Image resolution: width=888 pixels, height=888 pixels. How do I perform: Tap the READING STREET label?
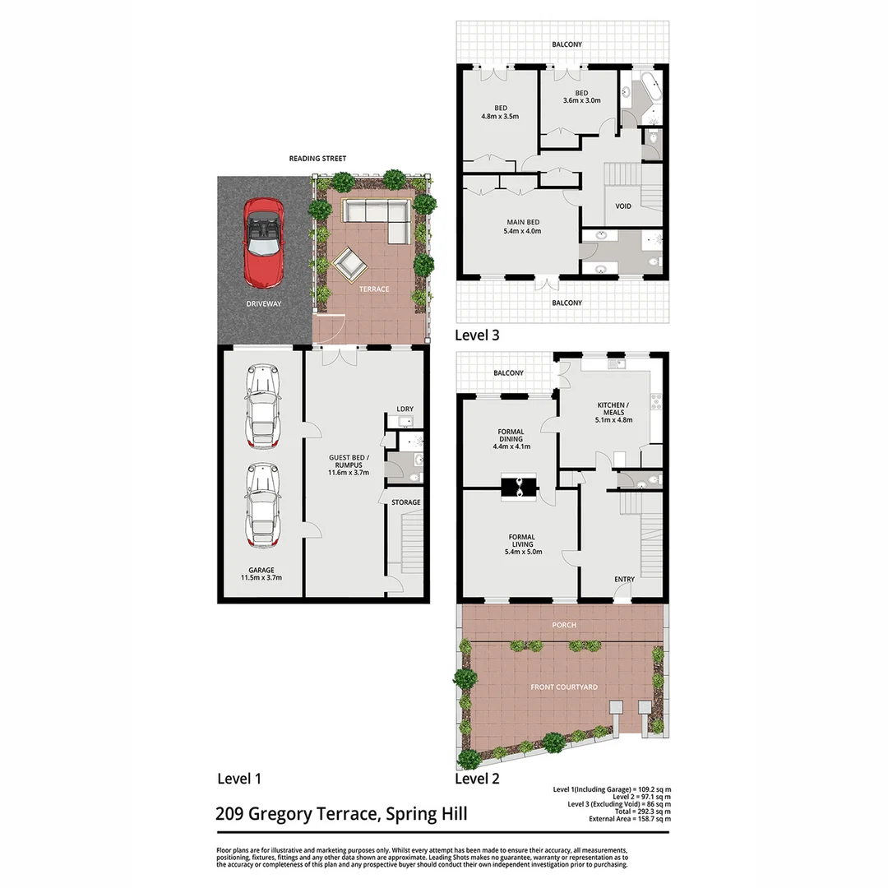click(x=317, y=159)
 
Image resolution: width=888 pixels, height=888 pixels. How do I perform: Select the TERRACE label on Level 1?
click(x=374, y=289)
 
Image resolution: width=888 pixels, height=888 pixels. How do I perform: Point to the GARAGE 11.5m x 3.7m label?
click(x=262, y=574)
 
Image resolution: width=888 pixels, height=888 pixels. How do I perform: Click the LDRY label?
click(x=404, y=409)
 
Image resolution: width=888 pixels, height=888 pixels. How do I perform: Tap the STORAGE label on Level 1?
click(x=405, y=502)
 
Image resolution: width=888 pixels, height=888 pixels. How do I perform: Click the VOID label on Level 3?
click(x=624, y=206)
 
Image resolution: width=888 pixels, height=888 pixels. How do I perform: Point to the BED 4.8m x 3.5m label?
click(x=501, y=113)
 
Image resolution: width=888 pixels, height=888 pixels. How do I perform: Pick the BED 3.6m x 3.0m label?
click(x=581, y=96)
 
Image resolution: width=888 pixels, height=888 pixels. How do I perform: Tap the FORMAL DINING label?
click(x=511, y=439)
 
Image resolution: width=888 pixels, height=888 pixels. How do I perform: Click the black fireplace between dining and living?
click(x=520, y=486)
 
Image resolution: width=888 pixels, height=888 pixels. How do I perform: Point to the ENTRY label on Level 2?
click(x=624, y=580)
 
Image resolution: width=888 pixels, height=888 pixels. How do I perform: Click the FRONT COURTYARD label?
click(x=564, y=687)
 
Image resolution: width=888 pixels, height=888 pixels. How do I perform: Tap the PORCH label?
click(x=564, y=625)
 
